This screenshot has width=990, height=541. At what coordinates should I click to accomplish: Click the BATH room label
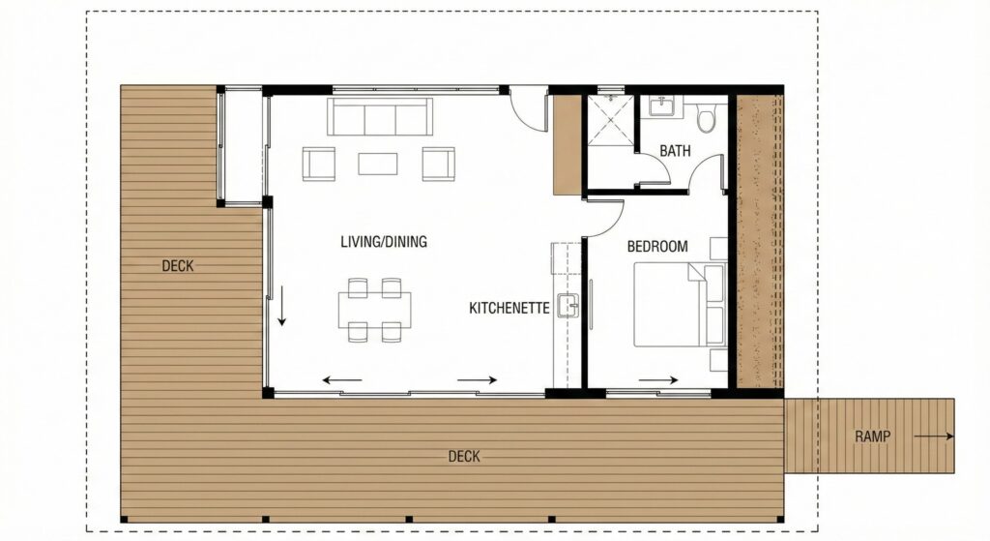[x=675, y=151]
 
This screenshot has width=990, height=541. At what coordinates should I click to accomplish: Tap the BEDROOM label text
[x=657, y=247]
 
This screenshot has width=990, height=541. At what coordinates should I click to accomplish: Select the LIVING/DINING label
[x=384, y=241]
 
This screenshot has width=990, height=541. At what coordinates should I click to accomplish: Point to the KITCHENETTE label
[x=509, y=309]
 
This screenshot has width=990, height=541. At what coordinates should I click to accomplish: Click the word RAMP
[x=873, y=436]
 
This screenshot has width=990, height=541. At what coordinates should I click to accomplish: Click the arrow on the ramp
[x=933, y=436]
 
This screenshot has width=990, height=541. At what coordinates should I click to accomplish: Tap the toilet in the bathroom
[x=706, y=117]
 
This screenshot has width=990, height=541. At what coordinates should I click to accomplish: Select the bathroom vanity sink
[x=661, y=106]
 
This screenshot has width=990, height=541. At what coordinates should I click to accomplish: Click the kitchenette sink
[x=568, y=307]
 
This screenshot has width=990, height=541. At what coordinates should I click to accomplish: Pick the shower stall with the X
[x=611, y=120]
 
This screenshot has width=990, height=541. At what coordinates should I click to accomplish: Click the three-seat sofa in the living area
[x=379, y=116]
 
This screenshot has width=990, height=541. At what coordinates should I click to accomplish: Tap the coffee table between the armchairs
[x=378, y=164]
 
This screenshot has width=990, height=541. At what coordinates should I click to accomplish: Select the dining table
[x=374, y=310]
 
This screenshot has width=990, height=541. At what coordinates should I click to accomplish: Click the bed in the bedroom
[x=680, y=305]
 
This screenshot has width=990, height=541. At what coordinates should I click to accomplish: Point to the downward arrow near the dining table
[x=281, y=305]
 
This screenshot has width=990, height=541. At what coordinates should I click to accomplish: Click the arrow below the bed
[x=657, y=380]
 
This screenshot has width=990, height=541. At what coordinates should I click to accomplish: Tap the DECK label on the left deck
[x=178, y=266]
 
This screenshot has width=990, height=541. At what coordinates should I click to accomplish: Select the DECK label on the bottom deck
[x=464, y=456]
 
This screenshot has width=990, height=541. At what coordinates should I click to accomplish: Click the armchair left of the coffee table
[x=319, y=164]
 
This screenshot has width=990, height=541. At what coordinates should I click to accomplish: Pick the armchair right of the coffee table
[x=438, y=164]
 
